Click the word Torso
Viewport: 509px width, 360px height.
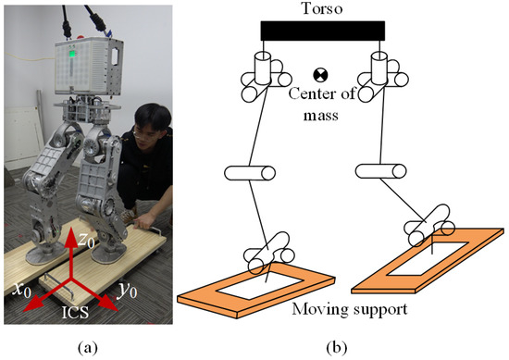point(320,9)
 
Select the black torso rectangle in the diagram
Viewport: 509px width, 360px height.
point(320,31)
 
